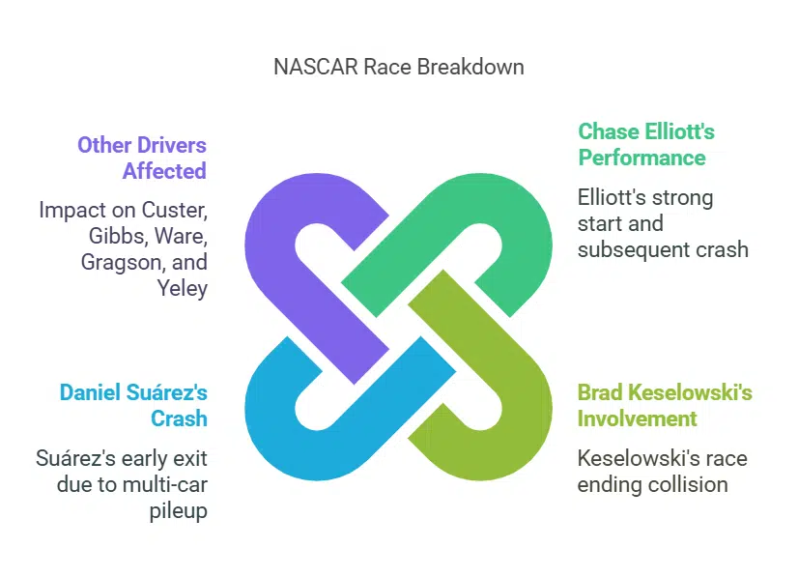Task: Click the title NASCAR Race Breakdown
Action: click(x=399, y=67)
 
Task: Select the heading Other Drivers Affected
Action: click(x=142, y=159)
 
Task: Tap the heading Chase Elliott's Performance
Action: click(x=645, y=144)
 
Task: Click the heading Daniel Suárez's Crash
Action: click(x=133, y=405)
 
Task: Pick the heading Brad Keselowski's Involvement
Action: click(x=665, y=405)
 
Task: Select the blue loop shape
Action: click(x=280, y=425)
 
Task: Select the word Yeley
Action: click(x=183, y=288)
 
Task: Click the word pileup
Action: click(x=179, y=509)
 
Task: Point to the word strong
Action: click(x=678, y=197)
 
